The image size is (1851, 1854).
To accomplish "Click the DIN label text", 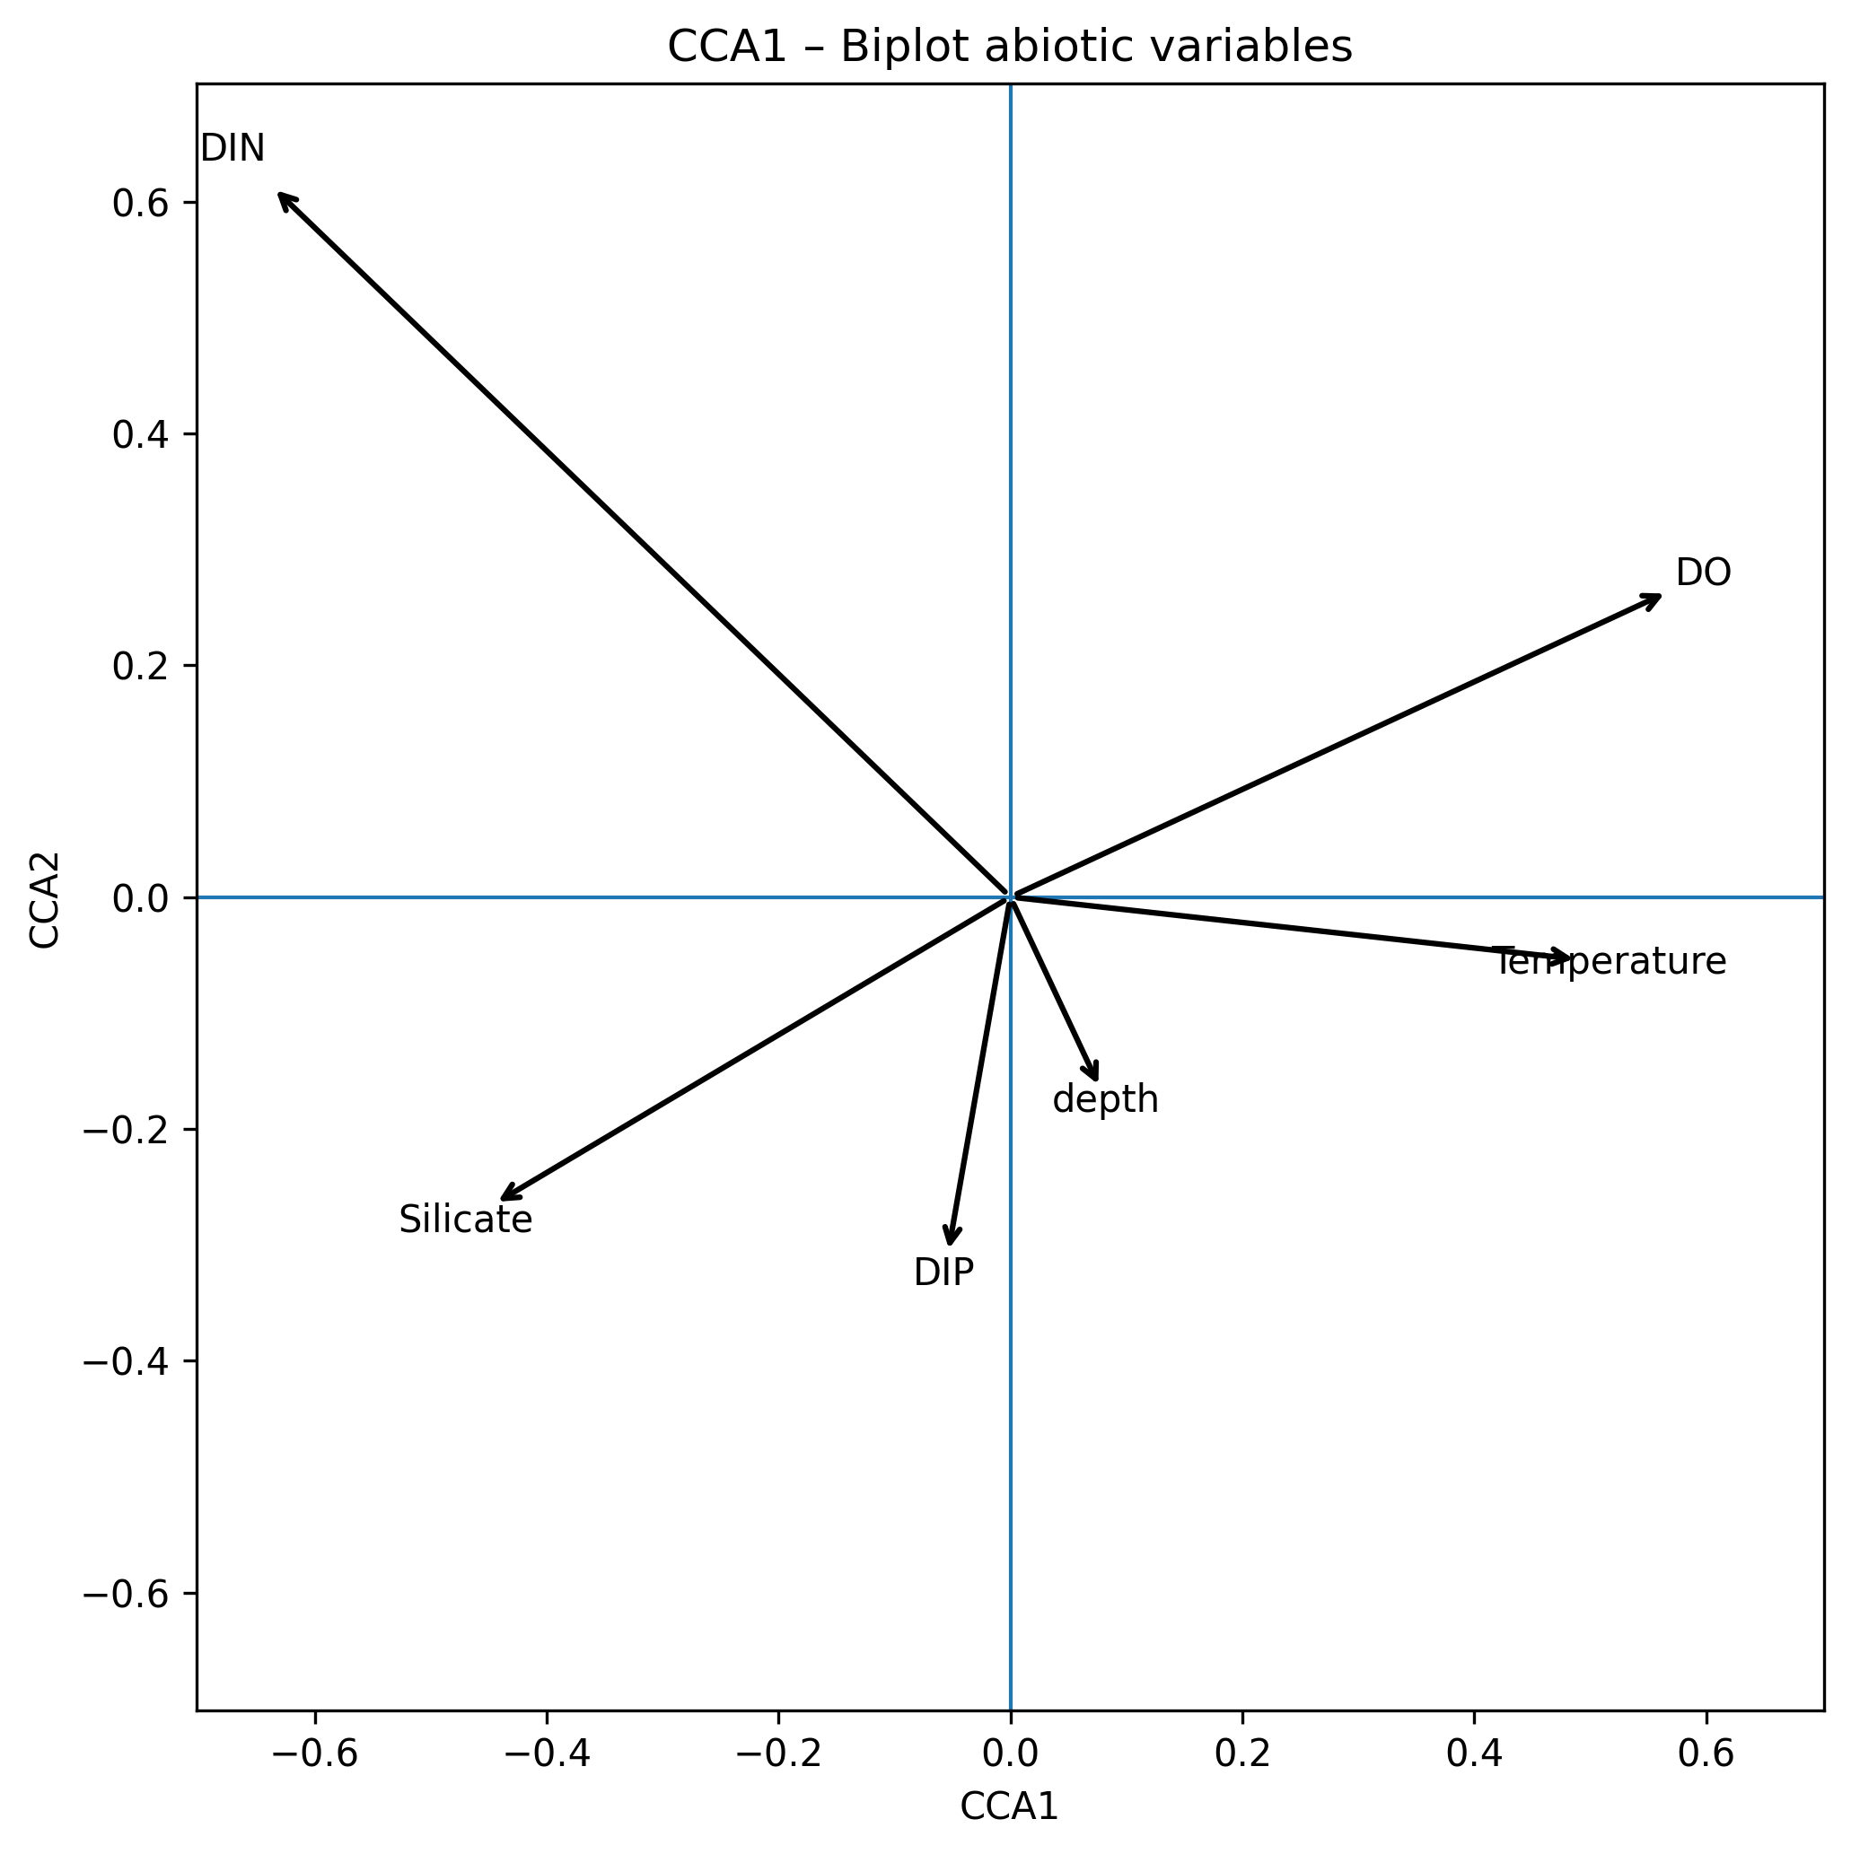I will [x=232, y=149].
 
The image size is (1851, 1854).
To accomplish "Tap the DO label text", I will [x=1703, y=573].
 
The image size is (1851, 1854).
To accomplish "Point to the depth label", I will [x=1105, y=1099].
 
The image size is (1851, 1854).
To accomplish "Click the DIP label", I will [x=943, y=1272].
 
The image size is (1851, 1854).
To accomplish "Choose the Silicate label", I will [x=466, y=1220].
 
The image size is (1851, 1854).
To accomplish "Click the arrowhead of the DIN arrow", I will [x=279, y=194].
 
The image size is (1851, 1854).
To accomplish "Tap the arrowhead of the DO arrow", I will [x=1660, y=597].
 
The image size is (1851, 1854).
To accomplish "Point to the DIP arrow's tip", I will [x=950, y=1244].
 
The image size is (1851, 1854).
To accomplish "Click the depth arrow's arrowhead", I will [x=1096, y=1080].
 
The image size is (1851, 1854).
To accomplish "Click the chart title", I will [x=1009, y=47].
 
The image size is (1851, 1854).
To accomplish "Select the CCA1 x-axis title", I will [x=1009, y=1806].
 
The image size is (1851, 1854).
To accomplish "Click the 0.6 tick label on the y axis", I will [x=140, y=203].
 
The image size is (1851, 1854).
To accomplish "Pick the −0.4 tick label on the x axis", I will [x=547, y=1753].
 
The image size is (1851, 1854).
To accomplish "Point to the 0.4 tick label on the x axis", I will [x=1474, y=1753].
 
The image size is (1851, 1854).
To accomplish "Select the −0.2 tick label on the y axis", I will [x=126, y=1130].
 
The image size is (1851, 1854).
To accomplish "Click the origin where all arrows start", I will [x=1010, y=897].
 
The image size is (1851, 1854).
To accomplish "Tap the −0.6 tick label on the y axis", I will [x=126, y=1594].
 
